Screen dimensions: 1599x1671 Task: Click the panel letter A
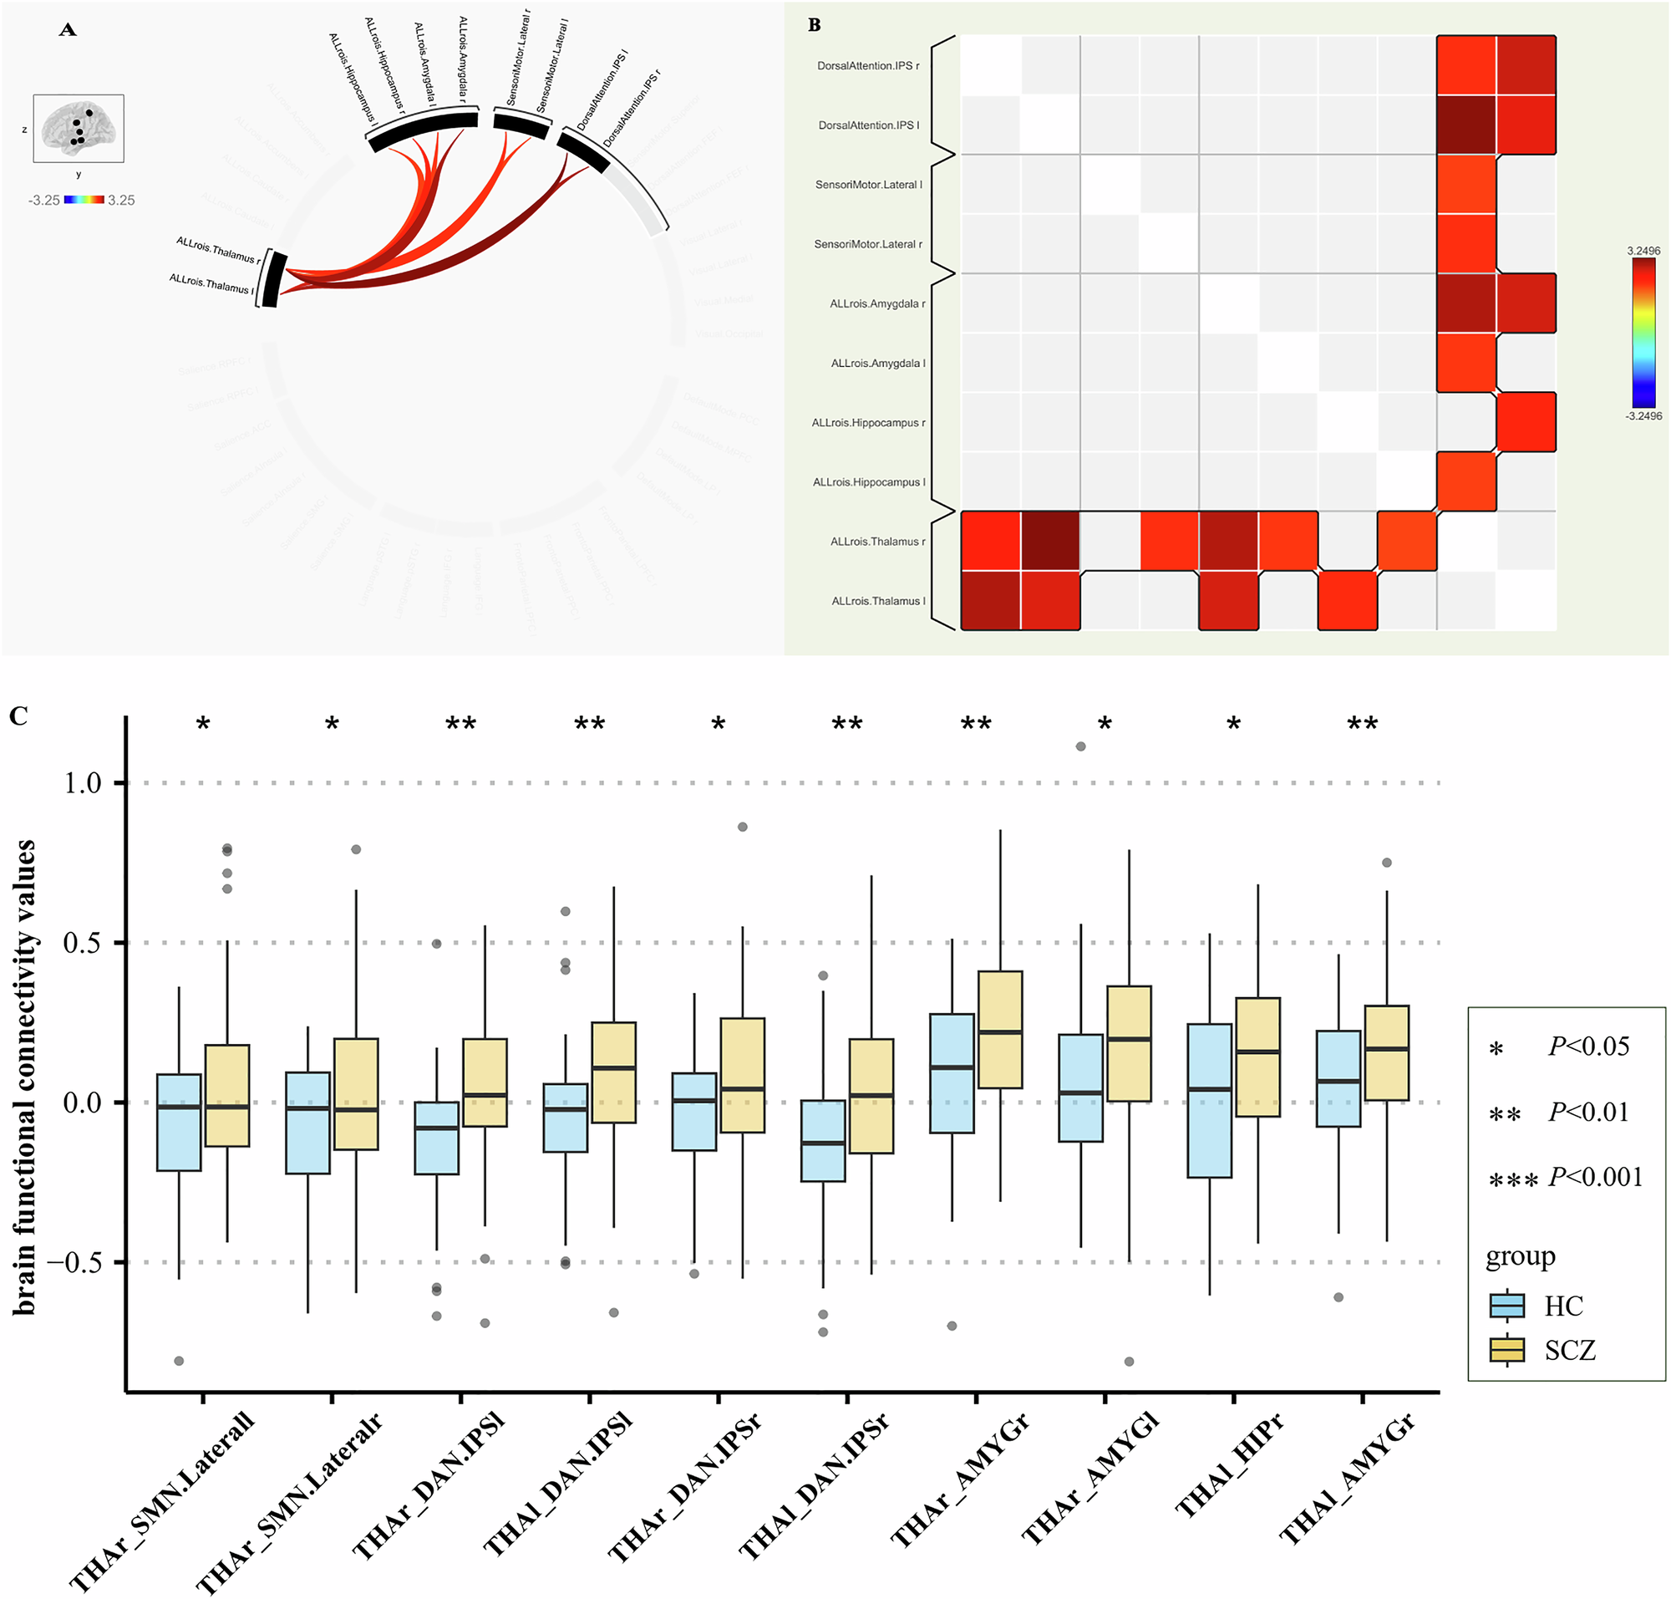pos(69,31)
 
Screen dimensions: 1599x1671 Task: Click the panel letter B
pos(814,26)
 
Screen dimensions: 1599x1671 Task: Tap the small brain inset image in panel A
pos(79,128)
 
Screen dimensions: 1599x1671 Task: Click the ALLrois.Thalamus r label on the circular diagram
pos(218,250)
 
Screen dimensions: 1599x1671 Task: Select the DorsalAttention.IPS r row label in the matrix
pos(867,66)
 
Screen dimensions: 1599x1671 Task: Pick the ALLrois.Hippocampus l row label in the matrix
pos(868,482)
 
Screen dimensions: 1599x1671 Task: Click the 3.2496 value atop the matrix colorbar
pos(1643,251)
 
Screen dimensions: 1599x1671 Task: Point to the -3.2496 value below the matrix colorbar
pos(1643,416)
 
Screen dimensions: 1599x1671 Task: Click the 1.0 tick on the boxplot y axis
pos(83,783)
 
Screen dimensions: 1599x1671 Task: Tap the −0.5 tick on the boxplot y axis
pos(74,1262)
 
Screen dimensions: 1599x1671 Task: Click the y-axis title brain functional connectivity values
pos(26,1077)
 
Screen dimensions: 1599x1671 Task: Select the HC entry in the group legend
pos(1562,1306)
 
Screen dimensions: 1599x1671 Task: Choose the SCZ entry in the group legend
pos(1569,1350)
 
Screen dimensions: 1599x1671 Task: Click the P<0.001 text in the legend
pos(1594,1177)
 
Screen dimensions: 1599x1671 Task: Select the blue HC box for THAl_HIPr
pos(1209,1100)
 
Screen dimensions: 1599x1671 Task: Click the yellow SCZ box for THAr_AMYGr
pos(999,1030)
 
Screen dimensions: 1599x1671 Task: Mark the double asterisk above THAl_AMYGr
pos(1362,726)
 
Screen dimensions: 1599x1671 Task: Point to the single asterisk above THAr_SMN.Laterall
pos(203,726)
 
